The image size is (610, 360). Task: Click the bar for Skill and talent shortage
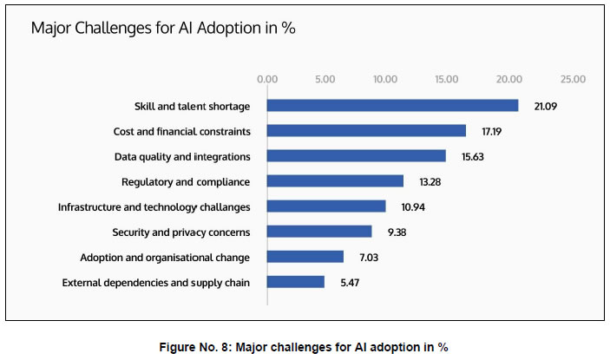[x=392, y=106]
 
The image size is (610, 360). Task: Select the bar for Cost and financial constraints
[x=366, y=131]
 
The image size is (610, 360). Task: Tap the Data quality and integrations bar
[x=356, y=156]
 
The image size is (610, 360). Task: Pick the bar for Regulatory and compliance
[x=335, y=181]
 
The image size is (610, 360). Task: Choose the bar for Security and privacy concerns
[x=319, y=232]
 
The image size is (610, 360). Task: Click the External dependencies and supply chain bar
[x=296, y=282]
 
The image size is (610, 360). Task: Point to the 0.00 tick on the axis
[x=267, y=79]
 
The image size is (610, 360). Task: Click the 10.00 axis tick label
[x=385, y=79]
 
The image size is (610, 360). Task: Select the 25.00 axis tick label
[x=572, y=79]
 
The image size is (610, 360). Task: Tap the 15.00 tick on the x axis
[x=447, y=79]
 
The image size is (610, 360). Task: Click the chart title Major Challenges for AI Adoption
[x=163, y=28]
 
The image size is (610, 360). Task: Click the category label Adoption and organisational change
[x=165, y=258]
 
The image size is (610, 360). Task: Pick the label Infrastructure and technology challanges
[x=154, y=207]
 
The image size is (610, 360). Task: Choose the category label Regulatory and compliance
[x=186, y=182]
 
